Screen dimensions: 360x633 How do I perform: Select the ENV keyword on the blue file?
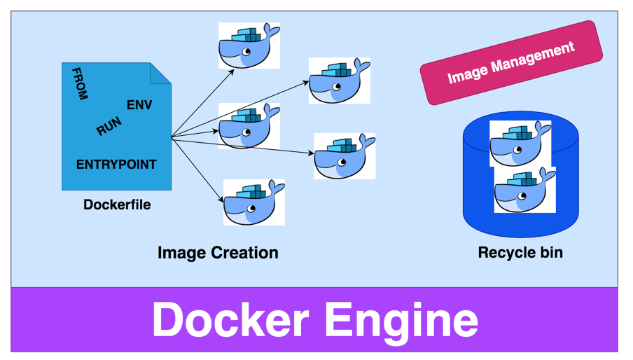click(139, 105)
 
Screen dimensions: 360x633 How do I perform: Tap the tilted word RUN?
click(109, 127)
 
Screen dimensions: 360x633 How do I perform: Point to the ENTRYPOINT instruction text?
click(116, 165)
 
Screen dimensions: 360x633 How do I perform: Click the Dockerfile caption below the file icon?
click(117, 205)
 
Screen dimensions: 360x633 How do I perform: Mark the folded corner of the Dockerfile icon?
click(161, 73)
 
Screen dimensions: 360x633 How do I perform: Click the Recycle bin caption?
click(520, 253)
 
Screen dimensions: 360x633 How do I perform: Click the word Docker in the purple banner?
click(230, 320)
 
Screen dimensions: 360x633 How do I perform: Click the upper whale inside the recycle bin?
click(520, 144)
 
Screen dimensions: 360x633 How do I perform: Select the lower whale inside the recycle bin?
click(525, 190)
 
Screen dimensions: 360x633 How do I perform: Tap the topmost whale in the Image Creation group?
click(249, 46)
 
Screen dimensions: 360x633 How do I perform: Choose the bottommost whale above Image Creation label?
click(254, 202)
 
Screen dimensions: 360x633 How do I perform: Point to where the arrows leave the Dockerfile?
click(172, 137)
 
